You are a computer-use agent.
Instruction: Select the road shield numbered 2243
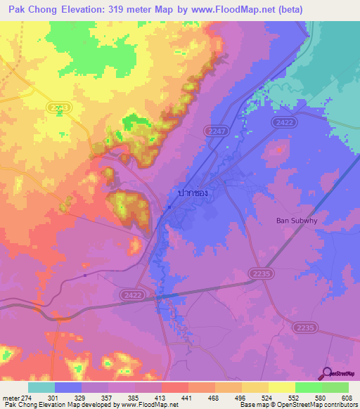pos(60,107)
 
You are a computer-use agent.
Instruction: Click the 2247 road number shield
pos(216,131)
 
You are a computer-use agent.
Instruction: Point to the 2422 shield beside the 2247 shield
pos(283,122)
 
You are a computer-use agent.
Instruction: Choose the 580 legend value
pos(322,396)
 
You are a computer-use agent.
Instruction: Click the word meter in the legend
pos(11,396)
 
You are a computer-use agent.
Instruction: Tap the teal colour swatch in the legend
pos(41,387)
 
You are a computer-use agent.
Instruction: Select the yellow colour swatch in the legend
pos(282,387)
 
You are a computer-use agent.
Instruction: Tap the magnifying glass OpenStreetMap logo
pos(326,373)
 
